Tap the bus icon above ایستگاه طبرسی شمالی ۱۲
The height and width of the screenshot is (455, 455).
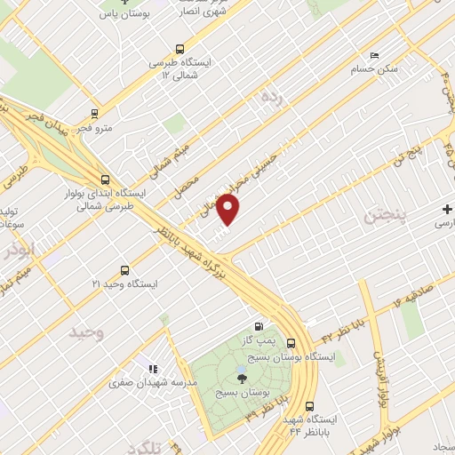point(180,50)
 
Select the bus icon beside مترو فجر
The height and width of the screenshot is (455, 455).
point(94,114)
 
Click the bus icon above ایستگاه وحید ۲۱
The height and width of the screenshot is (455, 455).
point(124,270)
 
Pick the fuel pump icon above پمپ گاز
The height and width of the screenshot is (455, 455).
point(259,326)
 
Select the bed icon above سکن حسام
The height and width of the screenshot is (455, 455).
point(373,54)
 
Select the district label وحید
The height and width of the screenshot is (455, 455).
point(87,331)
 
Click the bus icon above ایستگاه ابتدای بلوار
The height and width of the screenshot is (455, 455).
point(106,178)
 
